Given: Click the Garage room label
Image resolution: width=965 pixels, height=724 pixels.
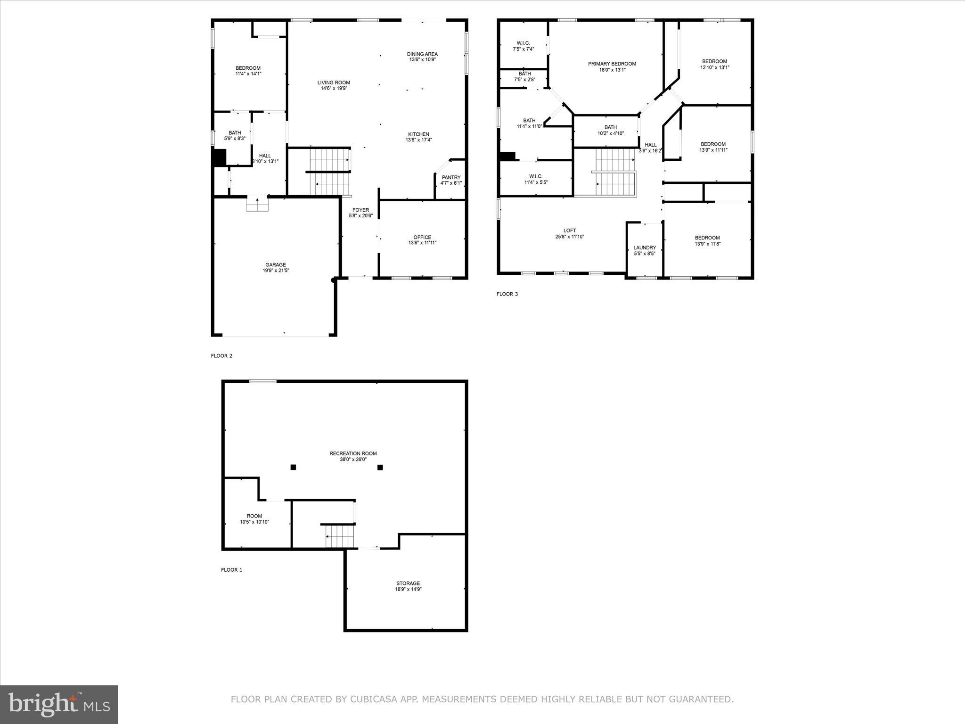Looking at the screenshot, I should (275, 265).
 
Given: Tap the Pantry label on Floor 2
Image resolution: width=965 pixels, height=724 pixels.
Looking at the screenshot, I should (451, 178).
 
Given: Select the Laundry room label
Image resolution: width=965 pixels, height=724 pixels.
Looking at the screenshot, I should (645, 248).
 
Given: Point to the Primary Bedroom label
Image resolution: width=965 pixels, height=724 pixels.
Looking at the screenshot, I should (612, 64).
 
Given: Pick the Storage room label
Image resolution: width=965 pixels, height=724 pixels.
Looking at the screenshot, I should (408, 584).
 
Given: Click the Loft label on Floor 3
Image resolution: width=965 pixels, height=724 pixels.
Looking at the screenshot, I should (569, 231).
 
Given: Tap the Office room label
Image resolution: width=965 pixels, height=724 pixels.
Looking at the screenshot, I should (422, 238).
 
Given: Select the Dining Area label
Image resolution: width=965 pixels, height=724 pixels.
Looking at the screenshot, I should (422, 54).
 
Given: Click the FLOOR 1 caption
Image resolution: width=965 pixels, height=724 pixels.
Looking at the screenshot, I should (231, 570).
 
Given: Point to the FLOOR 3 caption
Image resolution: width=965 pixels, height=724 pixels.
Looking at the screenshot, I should (507, 294).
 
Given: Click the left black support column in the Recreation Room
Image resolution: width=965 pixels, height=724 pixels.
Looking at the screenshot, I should (293, 467).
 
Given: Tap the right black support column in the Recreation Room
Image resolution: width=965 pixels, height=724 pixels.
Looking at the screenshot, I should (380, 467).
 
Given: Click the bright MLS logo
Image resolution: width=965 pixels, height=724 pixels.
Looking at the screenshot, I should (59, 704).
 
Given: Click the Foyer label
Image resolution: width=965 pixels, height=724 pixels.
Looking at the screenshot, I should (361, 210).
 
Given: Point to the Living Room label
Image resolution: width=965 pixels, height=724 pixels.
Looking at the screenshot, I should (334, 83).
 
